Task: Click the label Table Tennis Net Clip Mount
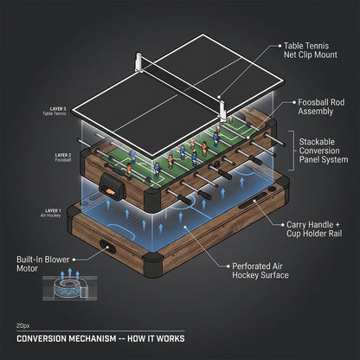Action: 310,50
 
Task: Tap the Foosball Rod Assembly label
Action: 321,106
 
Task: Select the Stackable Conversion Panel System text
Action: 324,151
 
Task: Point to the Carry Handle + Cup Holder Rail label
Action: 314,229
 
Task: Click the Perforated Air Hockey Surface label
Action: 260,271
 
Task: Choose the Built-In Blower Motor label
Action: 43,264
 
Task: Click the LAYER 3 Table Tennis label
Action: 55,111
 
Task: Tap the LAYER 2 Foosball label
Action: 63,157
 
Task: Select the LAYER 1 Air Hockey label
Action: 51,213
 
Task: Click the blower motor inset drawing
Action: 70,288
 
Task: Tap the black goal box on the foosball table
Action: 112,186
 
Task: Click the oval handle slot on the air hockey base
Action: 107,247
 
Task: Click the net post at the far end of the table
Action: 138,61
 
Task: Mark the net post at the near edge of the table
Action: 222,110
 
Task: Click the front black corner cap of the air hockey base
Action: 153,265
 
